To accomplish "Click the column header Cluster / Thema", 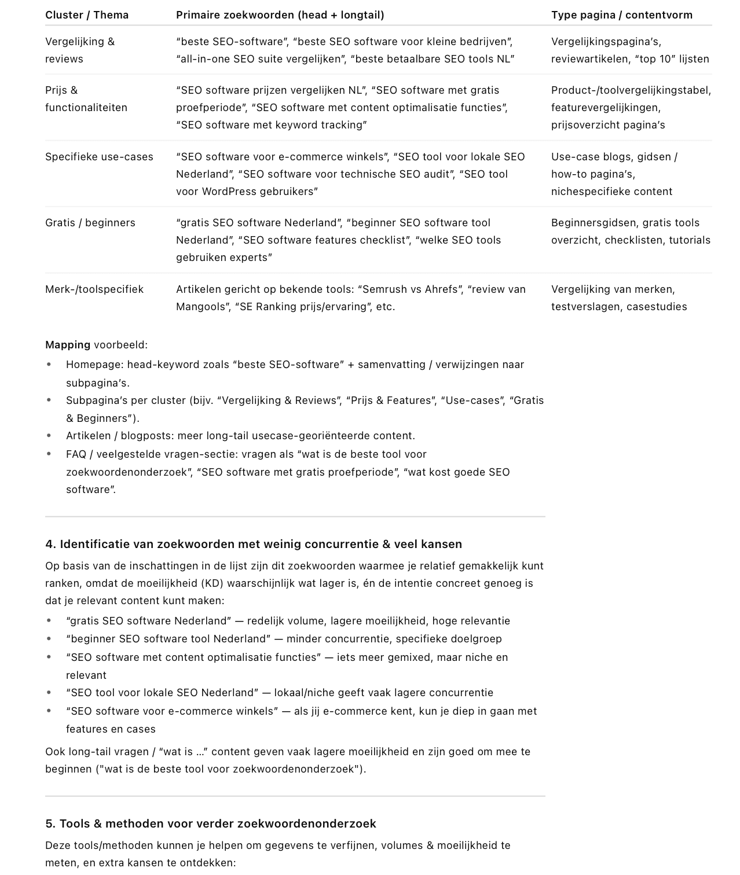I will [87, 15].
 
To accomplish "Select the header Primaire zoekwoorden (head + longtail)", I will [280, 15].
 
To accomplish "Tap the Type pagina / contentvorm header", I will [621, 15].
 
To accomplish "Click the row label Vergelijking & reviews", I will [80, 50].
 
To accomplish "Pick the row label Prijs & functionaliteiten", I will [86, 98].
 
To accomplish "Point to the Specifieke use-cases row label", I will [99, 157].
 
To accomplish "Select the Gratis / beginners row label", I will [90, 223].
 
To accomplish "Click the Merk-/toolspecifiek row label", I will [94, 289].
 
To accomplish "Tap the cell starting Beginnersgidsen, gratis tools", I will [630, 231].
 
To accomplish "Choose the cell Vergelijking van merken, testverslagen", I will [618, 298].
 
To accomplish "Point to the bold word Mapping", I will [67, 345].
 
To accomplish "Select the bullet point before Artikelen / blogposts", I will [49, 436].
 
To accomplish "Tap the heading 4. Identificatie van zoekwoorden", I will [253, 544].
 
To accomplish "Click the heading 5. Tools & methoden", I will [210, 823].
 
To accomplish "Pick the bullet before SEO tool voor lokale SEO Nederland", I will [49, 693].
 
